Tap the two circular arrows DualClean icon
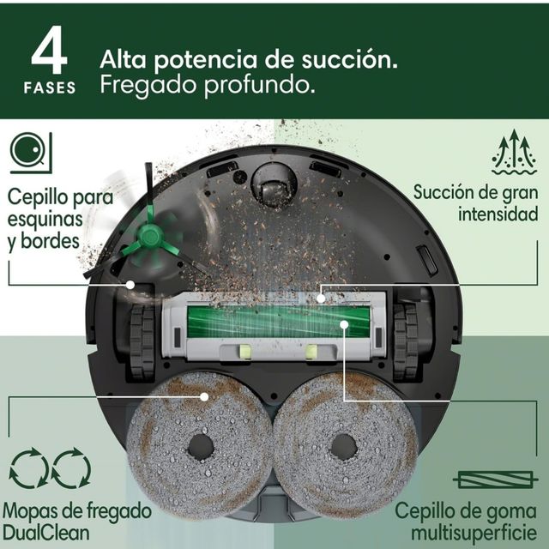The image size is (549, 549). (x=49, y=469)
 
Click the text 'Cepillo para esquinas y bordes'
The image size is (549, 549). (x=59, y=214)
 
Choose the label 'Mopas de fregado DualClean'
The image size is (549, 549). (x=77, y=521)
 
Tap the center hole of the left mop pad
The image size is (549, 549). (x=201, y=445)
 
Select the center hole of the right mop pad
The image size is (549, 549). (x=343, y=445)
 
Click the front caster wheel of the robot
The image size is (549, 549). (x=274, y=185)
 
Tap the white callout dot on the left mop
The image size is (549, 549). (x=203, y=396)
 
